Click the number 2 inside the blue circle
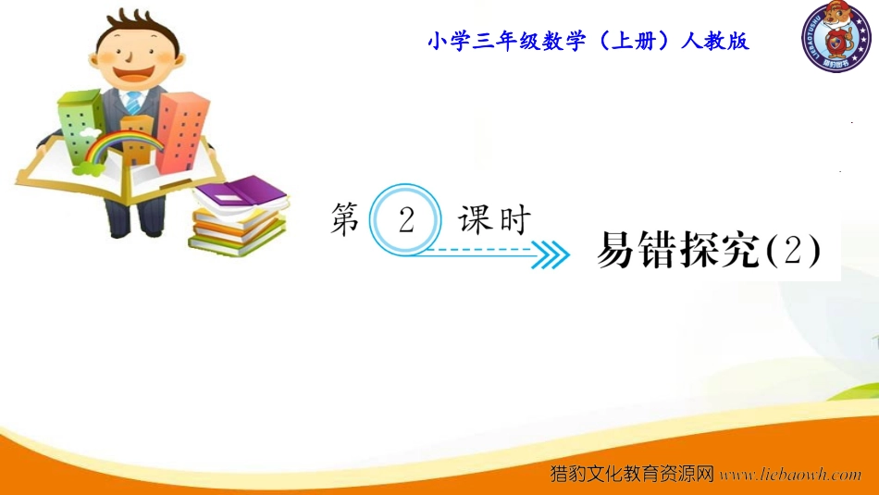[x=406, y=219]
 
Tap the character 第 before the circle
[x=345, y=219]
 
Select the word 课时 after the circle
[x=494, y=219]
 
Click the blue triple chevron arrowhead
[x=550, y=255]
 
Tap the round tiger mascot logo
[x=836, y=36]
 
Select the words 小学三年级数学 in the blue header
[x=506, y=41]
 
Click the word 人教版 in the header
[x=714, y=41]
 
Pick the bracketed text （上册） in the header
[x=633, y=41]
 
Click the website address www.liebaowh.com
[x=790, y=475]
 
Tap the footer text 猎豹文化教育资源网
[x=632, y=474]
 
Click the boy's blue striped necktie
[x=133, y=103]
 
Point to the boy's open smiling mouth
[x=134, y=73]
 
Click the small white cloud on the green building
[x=90, y=132]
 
